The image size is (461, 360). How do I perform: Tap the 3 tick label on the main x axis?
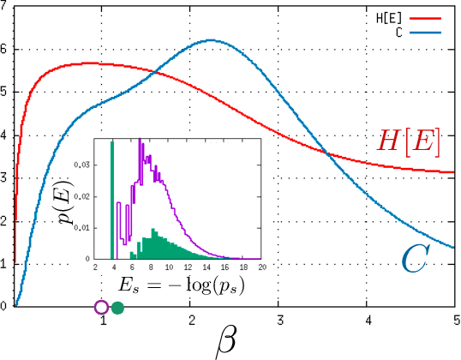[279, 319]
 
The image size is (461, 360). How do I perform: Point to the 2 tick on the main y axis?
[5, 221]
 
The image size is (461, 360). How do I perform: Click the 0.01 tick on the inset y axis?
[84, 227]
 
